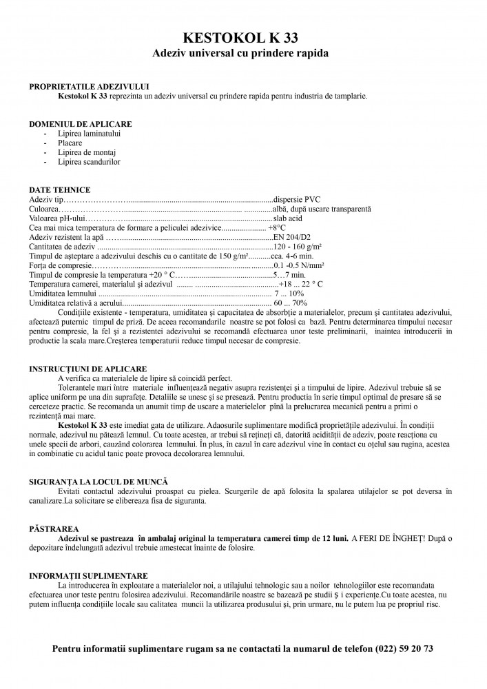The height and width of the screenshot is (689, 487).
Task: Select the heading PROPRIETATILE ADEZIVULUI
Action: coord(89,87)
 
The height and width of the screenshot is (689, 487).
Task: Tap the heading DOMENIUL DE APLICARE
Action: coord(81,124)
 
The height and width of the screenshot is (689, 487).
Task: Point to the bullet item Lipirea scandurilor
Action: coord(89,162)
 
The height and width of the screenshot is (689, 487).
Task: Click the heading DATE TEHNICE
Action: coord(59,189)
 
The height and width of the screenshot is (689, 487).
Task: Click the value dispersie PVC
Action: coord(297,199)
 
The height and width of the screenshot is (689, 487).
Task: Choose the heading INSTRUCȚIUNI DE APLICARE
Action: coord(87,369)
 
